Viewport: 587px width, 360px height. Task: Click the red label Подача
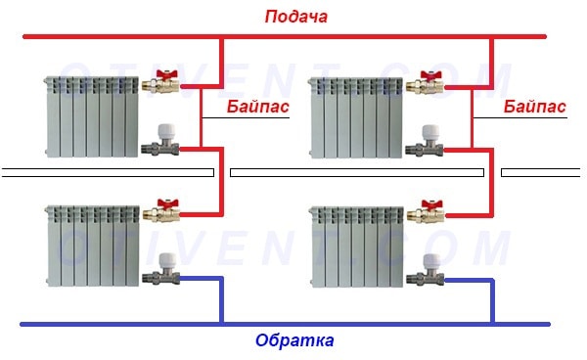(294, 18)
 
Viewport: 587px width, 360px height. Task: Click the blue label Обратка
(294, 341)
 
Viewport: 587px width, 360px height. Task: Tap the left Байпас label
(257, 107)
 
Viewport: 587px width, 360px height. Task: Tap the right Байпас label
(535, 107)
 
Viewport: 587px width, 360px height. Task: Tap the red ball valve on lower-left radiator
(161, 209)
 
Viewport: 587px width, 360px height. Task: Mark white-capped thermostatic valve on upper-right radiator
(430, 141)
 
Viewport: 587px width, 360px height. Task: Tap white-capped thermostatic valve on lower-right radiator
(430, 269)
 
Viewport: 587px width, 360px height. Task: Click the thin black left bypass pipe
(200, 115)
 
